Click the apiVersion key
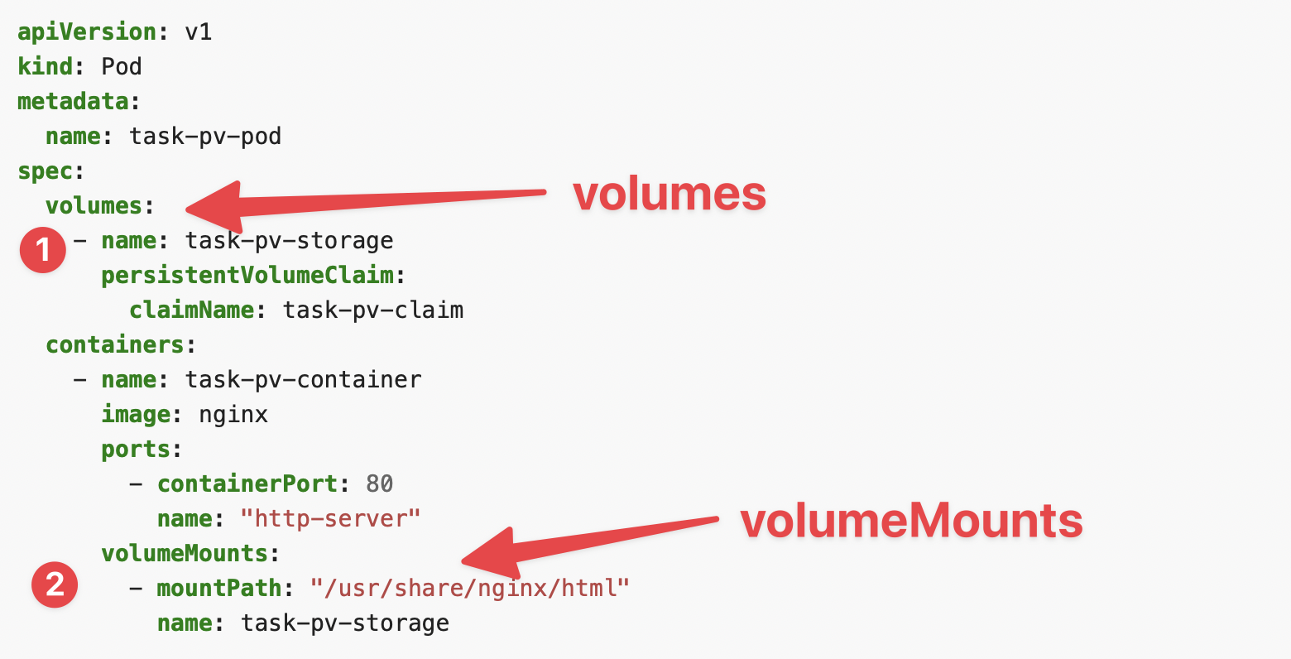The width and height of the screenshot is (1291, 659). pos(87,32)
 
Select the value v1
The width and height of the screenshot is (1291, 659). pos(199,32)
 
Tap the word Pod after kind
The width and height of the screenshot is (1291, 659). pos(122,67)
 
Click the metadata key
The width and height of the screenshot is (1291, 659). pos(73,102)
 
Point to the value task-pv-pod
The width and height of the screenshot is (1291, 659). pos(205,137)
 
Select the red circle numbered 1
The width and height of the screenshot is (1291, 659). pos(42,249)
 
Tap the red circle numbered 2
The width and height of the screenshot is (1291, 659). pos(55,584)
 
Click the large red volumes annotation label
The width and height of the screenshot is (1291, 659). pos(669,194)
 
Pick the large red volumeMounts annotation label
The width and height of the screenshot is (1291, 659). pos(911,521)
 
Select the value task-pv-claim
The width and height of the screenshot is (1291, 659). pos(373,310)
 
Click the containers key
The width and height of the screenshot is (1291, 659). pos(114,345)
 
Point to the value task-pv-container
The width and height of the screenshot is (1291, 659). pos(303,380)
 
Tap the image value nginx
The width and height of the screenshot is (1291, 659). pos(233,415)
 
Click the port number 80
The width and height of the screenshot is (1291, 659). pos(380,484)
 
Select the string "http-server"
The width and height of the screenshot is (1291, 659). pos(330,519)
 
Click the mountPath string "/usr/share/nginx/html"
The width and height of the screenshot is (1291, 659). pos(470,589)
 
